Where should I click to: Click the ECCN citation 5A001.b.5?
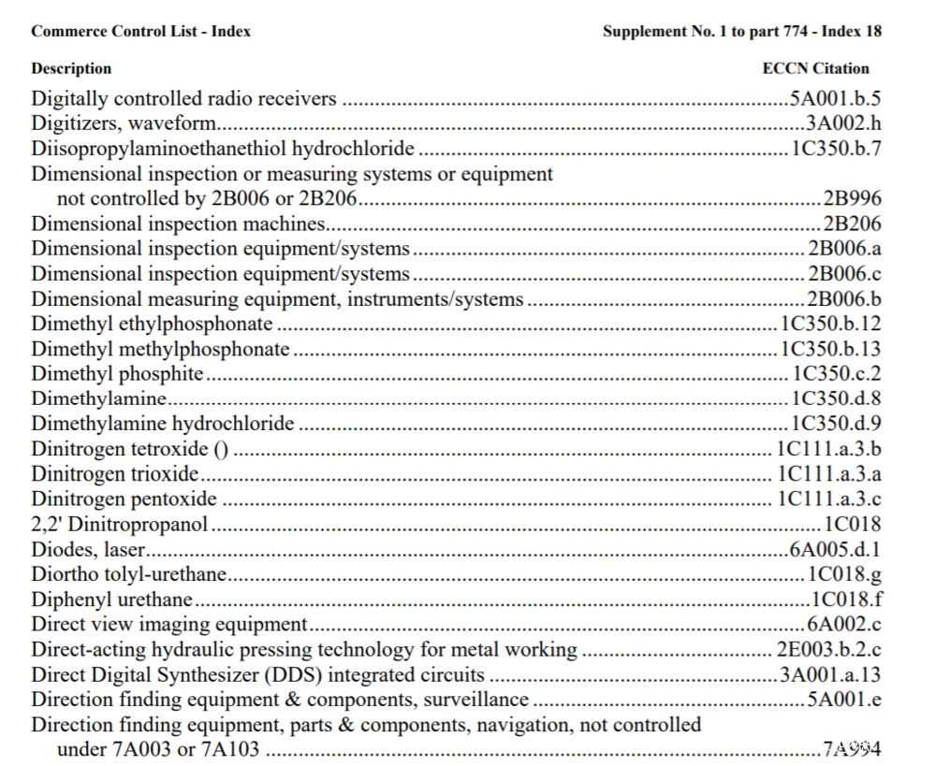point(835,98)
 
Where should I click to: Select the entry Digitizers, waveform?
point(124,123)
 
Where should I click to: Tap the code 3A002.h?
point(843,123)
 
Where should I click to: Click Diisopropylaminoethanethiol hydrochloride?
point(223,149)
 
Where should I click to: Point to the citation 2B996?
point(852,198)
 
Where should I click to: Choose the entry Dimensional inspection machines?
point(178,224)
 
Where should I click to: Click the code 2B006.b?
point(843,299)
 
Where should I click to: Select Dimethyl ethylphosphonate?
point(153,325)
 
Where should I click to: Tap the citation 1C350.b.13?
point(830,350)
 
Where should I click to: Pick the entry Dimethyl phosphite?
point(117,374)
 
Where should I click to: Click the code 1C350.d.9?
point(835,425)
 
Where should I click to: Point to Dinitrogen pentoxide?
point(124,499)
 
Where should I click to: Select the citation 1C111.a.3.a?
point(828,474)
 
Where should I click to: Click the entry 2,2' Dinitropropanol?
point(120,525)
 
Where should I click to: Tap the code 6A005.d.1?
point(835,550)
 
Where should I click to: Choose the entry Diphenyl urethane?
point(112,600)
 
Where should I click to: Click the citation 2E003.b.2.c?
point(828,650)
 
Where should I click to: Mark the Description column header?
point(71,68)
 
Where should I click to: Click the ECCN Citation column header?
point(815,68)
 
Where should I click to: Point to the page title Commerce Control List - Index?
point(140,31)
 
